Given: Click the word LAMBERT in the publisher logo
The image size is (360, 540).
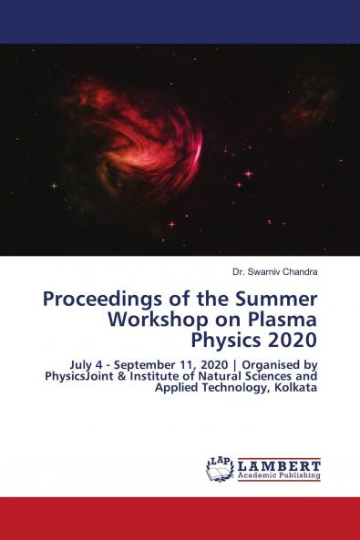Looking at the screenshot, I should pyautogui.click(x=279, y=464).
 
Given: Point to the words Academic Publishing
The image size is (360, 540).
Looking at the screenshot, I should pyautogui.click(x=279, y=475).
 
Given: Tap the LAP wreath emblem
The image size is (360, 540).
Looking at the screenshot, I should pyautogui.click(x=221, y=469).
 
